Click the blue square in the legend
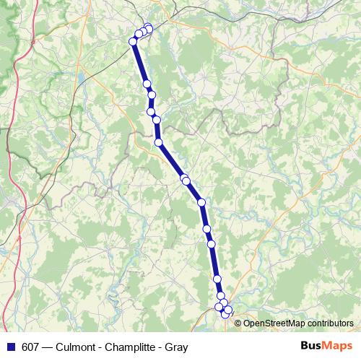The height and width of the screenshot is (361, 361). tap(11, 347)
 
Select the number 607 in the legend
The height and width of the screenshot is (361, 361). tap(31, 347)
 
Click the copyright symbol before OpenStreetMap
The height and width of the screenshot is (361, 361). tap(238, 323)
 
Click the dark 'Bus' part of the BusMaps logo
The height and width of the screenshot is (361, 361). tap(313, 347)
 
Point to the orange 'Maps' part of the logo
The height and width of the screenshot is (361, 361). tap(339, 347)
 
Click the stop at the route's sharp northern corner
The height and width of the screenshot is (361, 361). tap(134, 42)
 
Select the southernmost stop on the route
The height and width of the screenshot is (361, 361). tap(225, 314)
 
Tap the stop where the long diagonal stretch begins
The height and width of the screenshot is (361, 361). tap(158, 142)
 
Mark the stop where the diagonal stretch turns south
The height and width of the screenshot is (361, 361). tap(201, 202)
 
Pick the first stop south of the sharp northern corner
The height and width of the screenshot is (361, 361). tap(147, 84)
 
